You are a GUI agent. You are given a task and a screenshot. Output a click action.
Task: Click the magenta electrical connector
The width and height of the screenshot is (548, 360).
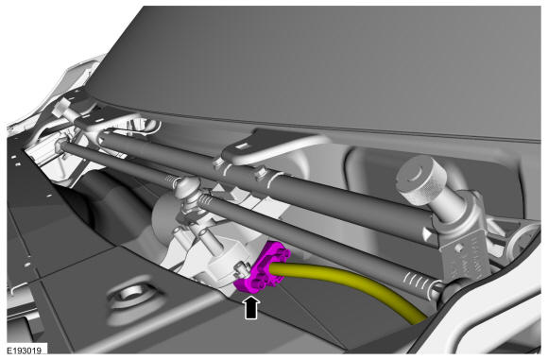pyautogui.click(x=263, y=267)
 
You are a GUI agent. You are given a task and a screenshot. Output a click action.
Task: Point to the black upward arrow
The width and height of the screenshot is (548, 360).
pyautogui.click(x=251, y=308)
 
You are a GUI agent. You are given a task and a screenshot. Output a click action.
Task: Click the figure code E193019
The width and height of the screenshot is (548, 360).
pyautogui.click(x=25, y=351)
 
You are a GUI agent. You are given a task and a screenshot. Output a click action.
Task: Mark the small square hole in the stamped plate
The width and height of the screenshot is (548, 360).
pyautogui.click(x=458, y=249)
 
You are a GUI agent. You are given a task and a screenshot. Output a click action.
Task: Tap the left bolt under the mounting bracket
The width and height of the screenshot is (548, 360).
pyautogui.click(x=217, y=163)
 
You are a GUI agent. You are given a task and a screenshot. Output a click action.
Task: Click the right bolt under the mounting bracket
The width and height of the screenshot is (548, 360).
pyautogui.click(x=261, y=173)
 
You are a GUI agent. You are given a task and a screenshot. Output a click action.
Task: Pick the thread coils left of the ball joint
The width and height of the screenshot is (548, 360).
pyautogui.click(x=171, y=181)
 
